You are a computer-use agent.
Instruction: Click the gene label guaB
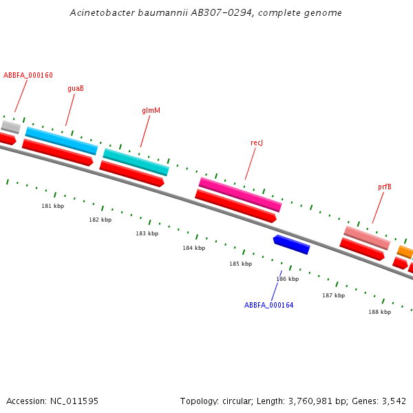click(x=76, y=88)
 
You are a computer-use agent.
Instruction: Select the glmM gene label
click(x=151, y=110)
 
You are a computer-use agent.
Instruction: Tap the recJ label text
click(x=257, y=142)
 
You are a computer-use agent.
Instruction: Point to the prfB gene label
click(x=384, y=187)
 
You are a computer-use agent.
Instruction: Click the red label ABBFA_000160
click(x=28, y=76)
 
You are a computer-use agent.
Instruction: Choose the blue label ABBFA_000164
click(x=268, y=305)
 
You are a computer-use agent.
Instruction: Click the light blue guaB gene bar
click(x=61, y=140)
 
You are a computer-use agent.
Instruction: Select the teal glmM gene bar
click(x=136, y=162)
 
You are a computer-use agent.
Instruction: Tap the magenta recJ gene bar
click(x=240, y=194)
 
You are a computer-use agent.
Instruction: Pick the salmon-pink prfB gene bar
click(x=367, y=237)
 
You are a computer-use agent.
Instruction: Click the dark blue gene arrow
click(x=292, y=244)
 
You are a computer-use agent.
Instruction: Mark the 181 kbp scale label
click(x=52, y=206)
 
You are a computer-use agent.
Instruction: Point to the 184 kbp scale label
click(x=193, y=248)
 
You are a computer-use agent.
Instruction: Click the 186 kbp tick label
click(x=287, y=279)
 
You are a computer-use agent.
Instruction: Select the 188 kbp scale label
click(x=379, y=312)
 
